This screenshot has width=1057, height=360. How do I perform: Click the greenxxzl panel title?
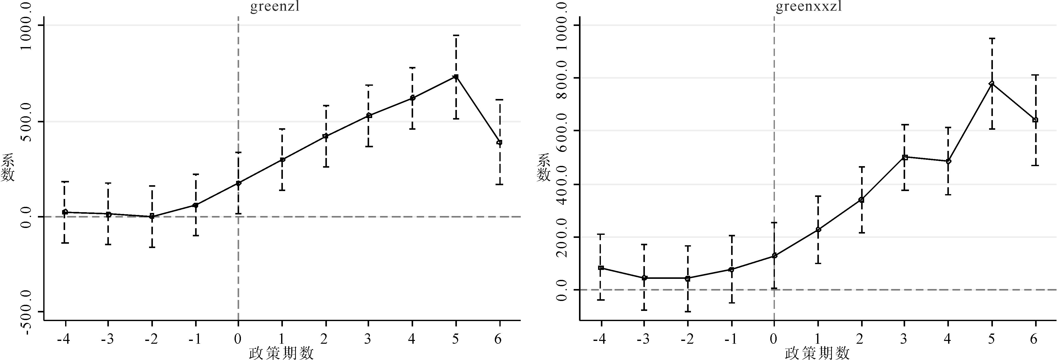click(x=809, y=7)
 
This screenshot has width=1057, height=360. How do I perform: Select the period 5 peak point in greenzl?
click(x=455, y=77)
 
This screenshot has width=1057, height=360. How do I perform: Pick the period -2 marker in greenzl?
click(x=152, y=216)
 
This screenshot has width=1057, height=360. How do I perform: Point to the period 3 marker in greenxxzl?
click(x=905, y=157)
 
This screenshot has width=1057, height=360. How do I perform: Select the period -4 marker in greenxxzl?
click(x=601, y=268)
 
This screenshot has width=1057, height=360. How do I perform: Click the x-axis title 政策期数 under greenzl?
click(x=281, y=353)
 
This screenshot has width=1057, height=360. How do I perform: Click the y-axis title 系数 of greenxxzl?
click(x=544, y=167)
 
